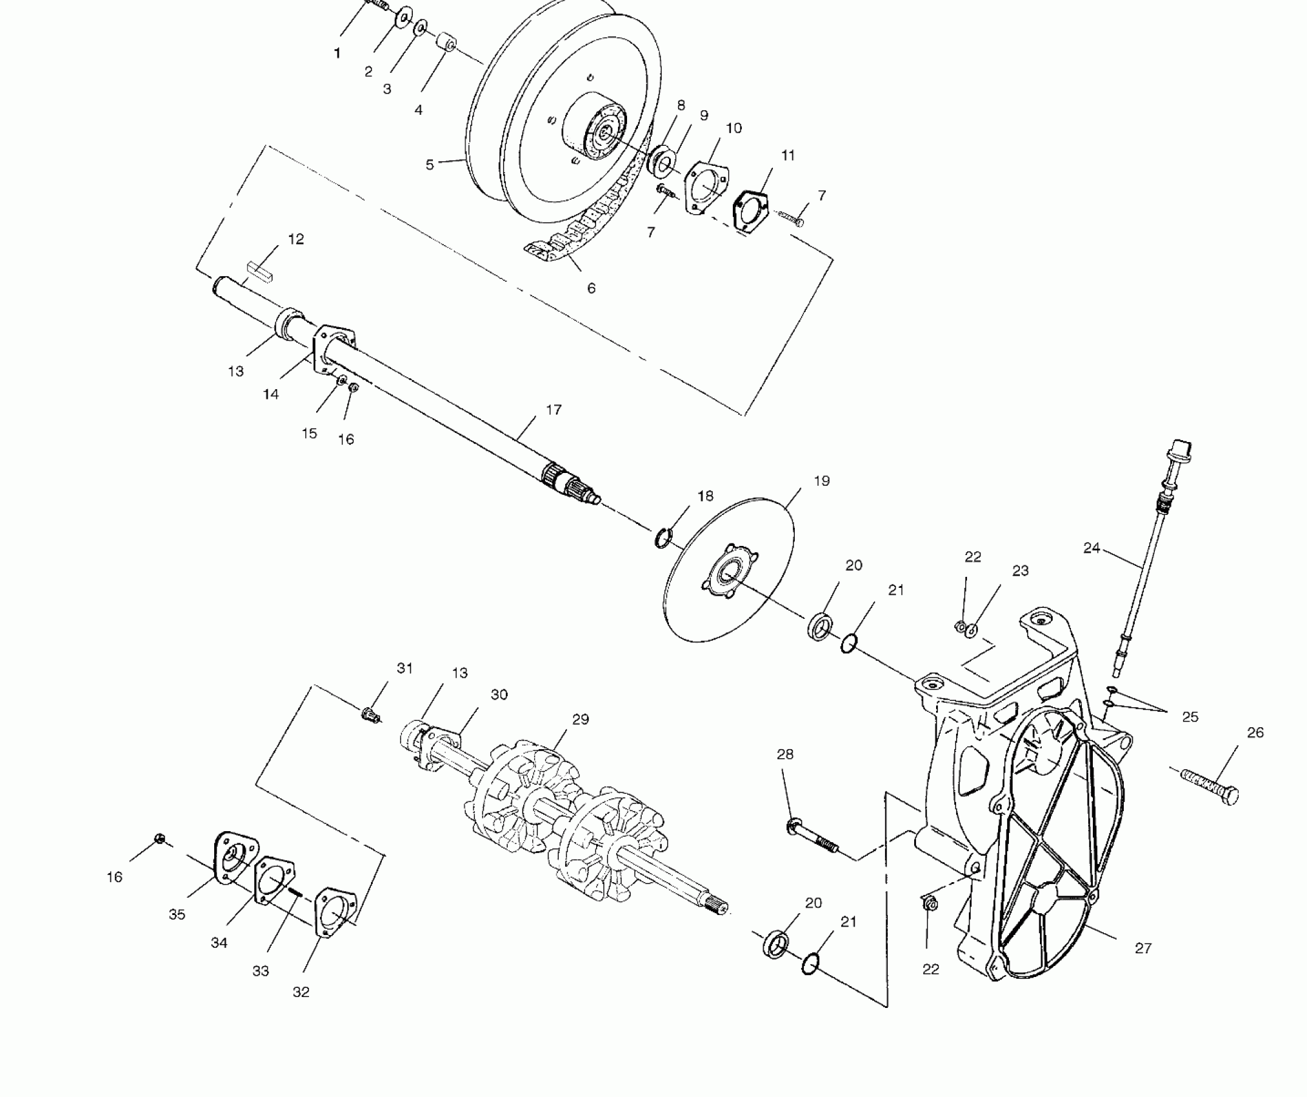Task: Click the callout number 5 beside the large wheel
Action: click(x=430, y=165)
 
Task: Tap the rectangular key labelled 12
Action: click(x=261, y=270)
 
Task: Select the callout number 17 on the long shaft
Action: click(x=554, y=410)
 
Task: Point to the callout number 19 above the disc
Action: click(x=822, y=481)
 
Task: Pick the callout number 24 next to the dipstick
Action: click(x=1091, y=548)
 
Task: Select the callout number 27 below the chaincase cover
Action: click(x=1143, y=948)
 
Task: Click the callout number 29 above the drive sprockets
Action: click(x=581, y=719)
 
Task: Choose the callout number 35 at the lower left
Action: click(x=177, y=914)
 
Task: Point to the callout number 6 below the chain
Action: click(x=591, y=288)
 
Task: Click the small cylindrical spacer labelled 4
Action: click(x=444, y=43)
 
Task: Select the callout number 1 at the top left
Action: click(x=337, y=54)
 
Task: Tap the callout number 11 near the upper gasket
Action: click(x=788, y=156)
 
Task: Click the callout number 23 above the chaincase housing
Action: click(x=1020, y=570)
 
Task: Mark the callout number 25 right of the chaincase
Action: click(x=1190, y=716)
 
